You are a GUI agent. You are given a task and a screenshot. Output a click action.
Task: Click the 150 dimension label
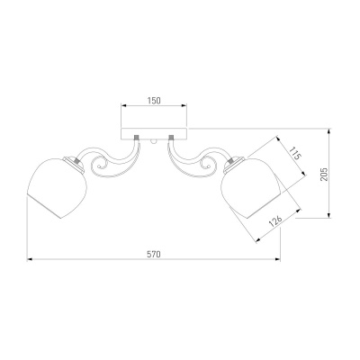point(154,101)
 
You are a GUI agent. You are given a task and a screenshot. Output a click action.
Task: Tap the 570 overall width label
point(154,255)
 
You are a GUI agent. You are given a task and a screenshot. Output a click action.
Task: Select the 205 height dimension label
point(324,174)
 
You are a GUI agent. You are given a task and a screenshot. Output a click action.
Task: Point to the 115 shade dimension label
point(295,153)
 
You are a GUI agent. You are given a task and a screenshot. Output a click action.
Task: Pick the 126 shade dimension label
point(275,220)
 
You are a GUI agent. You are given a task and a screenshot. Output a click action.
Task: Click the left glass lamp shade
point(57,187)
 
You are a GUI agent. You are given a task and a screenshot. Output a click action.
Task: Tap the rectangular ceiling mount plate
point(154,134)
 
